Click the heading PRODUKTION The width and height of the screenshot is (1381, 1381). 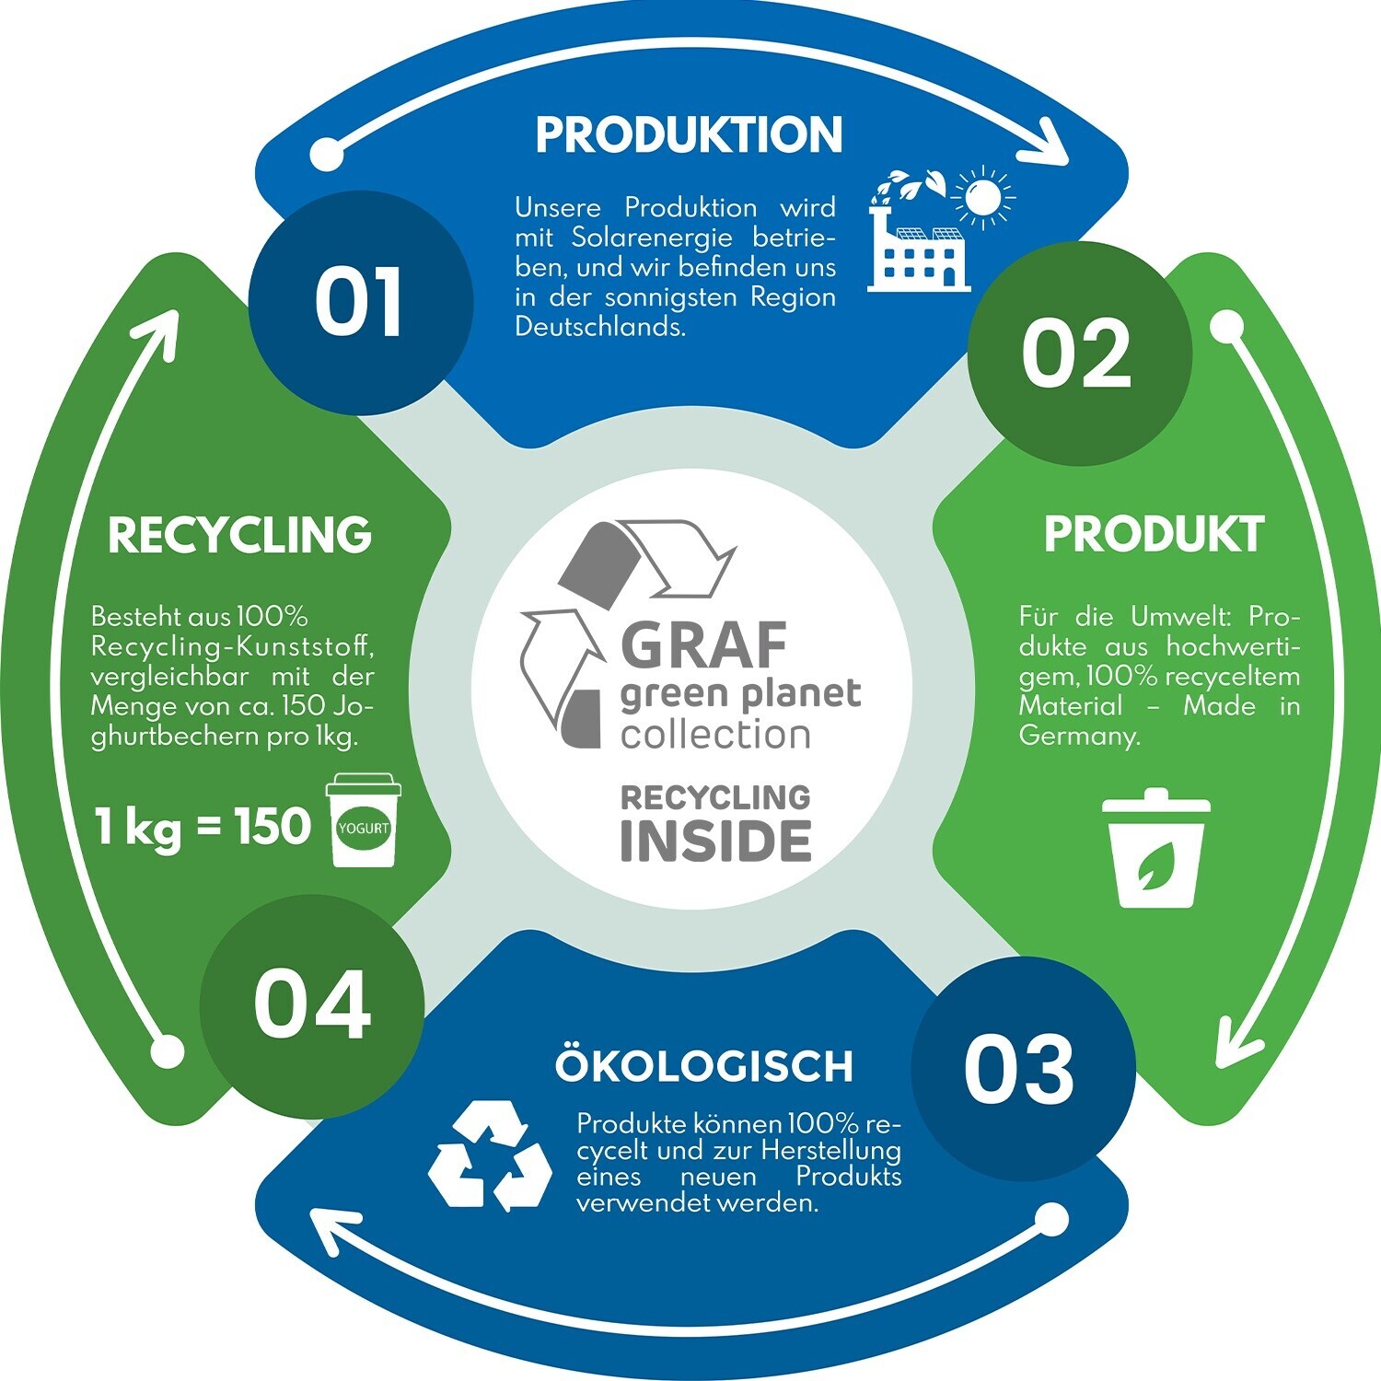click(x=689, y=134)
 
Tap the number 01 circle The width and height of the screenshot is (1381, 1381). click(x=360, y=303)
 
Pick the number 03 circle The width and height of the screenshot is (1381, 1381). click(x=1022, y=1068)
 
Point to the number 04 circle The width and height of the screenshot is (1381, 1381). click(x=312, y=1006)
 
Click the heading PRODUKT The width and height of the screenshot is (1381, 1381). click(x=1154, y=534)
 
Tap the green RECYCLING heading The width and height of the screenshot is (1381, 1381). click(x=239, y=535)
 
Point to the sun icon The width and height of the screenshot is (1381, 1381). click(x=983, y=195)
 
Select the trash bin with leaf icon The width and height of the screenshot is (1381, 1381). click(x=1155, y=848)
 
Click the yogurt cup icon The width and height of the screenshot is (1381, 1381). click(x=365, y=820)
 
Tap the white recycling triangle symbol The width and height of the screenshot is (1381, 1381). click(x=490, y=1155)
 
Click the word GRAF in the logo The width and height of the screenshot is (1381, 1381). click(x=704, y=644)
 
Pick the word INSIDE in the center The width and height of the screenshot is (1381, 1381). click(x=715, y=841)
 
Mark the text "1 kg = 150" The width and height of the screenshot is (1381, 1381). click(x=203, y=827)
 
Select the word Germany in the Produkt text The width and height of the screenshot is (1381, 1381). click(x=1079, y=737)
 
